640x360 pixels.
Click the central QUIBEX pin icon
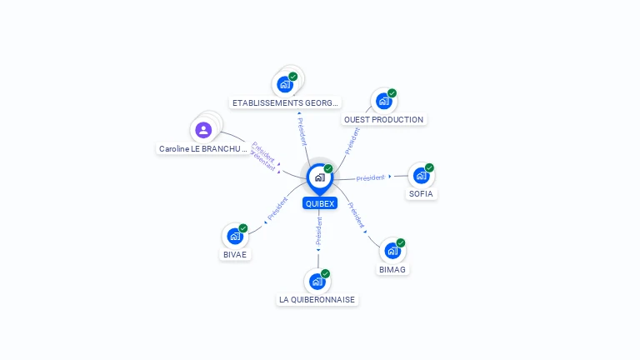click(319, 177)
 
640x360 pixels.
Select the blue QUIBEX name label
click(319, 203)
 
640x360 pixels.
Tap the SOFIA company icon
click(421, 175)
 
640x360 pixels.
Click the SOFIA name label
click(421, 193)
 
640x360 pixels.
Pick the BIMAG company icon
click(392, 251)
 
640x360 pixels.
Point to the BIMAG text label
click(392, 269)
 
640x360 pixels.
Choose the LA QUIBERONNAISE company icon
click(317, 282)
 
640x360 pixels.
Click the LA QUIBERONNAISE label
click(317, 299)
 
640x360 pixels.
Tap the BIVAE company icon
click(234, 237)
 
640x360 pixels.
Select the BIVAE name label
click(235, 254)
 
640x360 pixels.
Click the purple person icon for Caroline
click(203, 130)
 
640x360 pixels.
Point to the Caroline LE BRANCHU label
click(203, 148)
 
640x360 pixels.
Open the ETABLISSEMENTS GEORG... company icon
click(285, 84)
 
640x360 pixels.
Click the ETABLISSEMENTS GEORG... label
click(286, 102)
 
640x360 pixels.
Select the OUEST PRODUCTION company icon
click(383, 101)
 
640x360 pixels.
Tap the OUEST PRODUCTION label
click(383, 119)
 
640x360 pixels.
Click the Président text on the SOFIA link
click(370, 177)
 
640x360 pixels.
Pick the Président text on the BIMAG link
click(356, 215)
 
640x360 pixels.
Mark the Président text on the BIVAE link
click(277, 208)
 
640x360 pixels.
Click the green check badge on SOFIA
click(429, 167)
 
